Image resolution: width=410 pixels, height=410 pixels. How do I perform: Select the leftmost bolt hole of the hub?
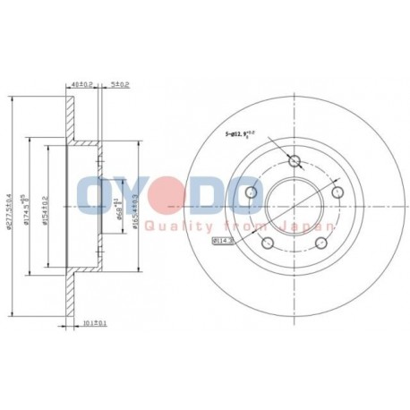(x=251, y=194)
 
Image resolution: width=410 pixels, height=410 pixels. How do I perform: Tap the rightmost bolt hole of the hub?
(x=337, y=192)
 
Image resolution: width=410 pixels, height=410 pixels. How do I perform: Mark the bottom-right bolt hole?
(x=320, y=244)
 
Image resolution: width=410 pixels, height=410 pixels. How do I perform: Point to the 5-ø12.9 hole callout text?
(x=243, y=135)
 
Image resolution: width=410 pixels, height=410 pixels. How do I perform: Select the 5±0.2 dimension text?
(x=119, y=86)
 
